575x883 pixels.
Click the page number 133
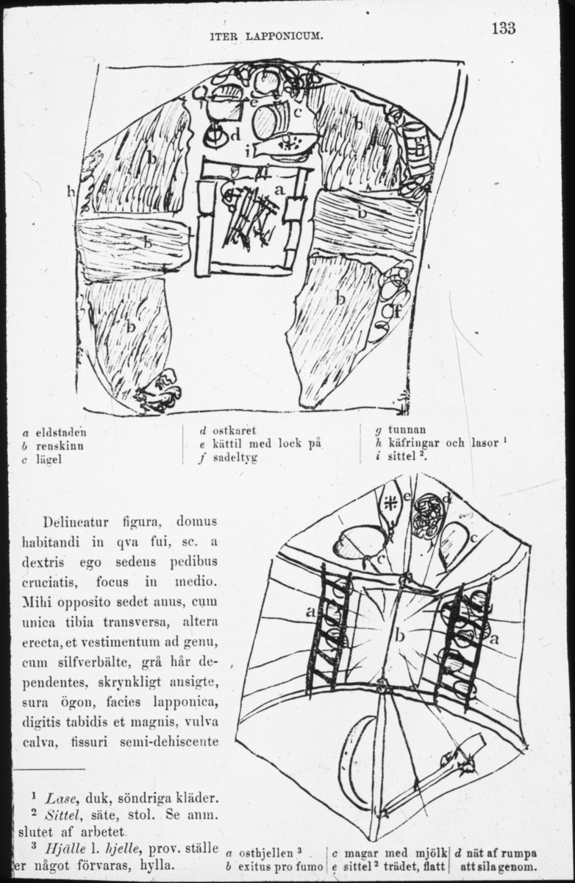[x=504, y=28]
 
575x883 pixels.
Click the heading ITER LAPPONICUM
[x=266, y=35]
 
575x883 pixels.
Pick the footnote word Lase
[x=58, y=798]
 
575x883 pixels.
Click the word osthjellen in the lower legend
[x=262, y=854]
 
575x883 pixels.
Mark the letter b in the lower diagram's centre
[x=399, y=635]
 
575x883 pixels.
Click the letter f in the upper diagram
[x=396, y=311]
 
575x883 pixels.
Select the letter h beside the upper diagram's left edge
[x=71, y=192]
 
